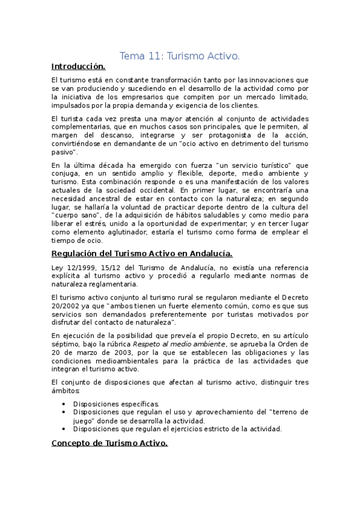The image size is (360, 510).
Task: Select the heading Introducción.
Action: pyautogui.click(x=78, y=67)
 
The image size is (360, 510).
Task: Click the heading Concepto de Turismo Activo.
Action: pyautogui.click(x=109, y=443)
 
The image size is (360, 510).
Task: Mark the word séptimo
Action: pyautogui.click(x=66, y=344)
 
